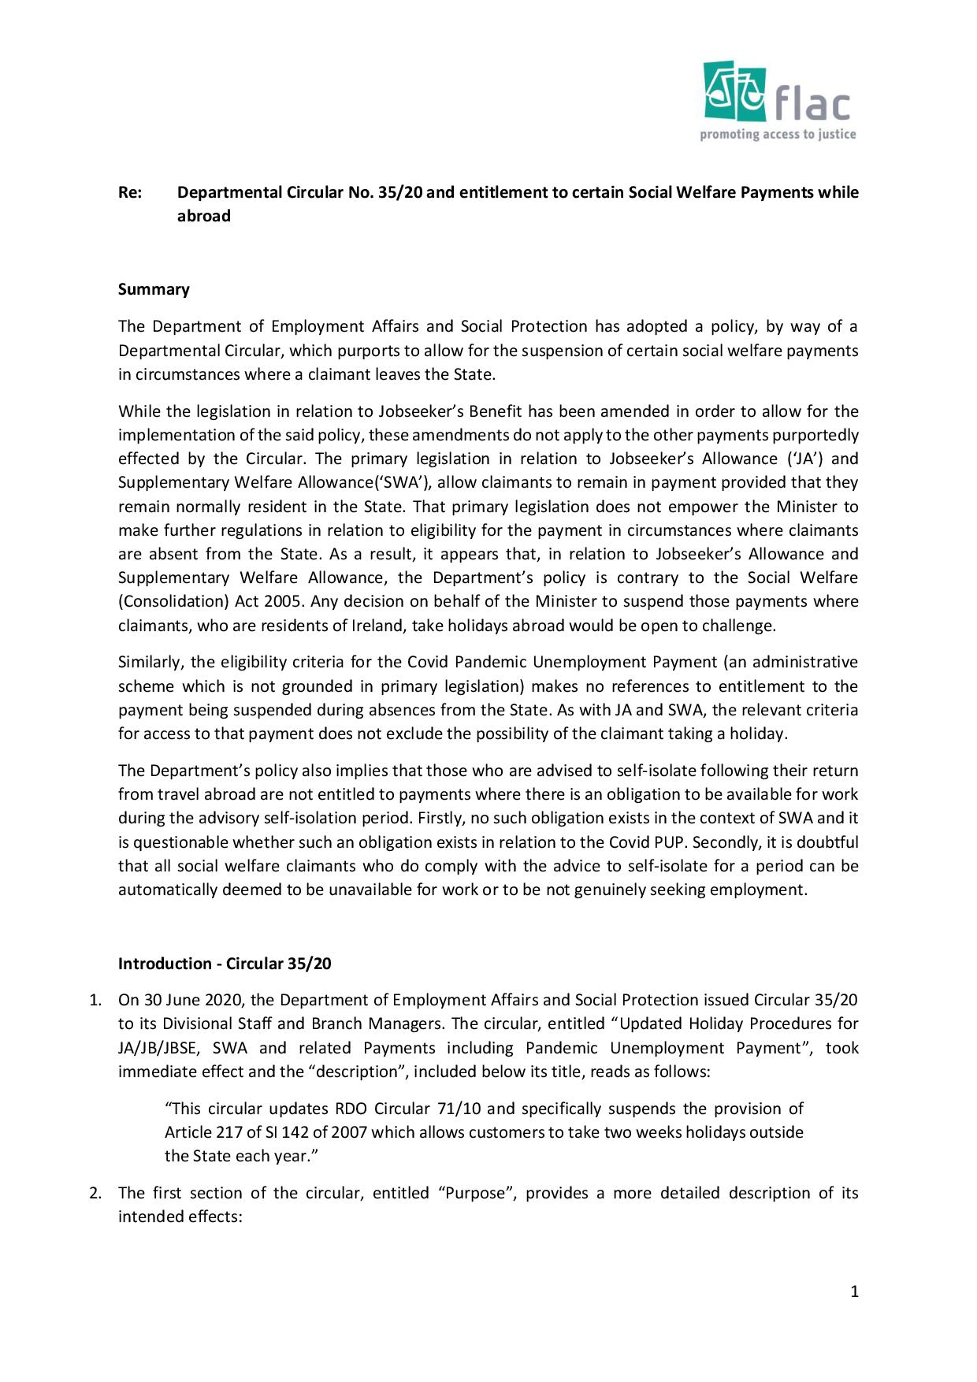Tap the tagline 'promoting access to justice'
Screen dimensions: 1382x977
pos(778,134)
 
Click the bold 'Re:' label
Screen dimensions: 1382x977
pos(130,192)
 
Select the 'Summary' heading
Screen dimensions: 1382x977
pos(154,289)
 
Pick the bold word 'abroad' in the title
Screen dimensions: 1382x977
pos(203,216)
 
